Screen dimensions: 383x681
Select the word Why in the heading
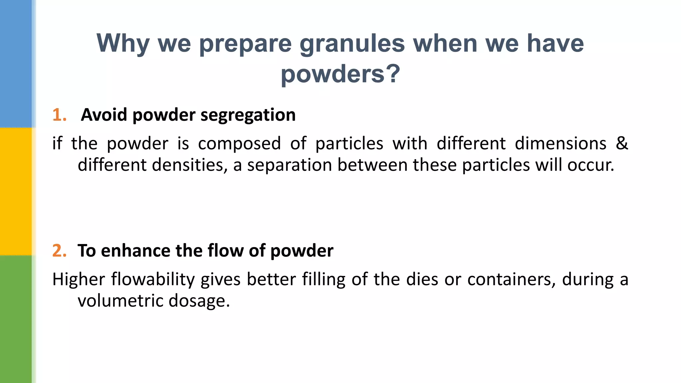[x=123, y=44]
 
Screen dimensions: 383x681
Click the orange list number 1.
[x=59, y=115]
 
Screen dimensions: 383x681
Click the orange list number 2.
[x=59, y=251]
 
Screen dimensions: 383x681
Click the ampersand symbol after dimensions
[x=621, y=143]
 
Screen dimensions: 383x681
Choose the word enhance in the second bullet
[x=136, y=251]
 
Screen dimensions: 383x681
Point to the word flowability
[x=153, y=280]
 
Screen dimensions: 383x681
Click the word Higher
[x=79, y=279]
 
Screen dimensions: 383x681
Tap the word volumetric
[x=120, y=301]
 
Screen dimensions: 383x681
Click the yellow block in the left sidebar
[x=16, y=191]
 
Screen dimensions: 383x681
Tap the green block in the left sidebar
[x=16, y=319]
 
